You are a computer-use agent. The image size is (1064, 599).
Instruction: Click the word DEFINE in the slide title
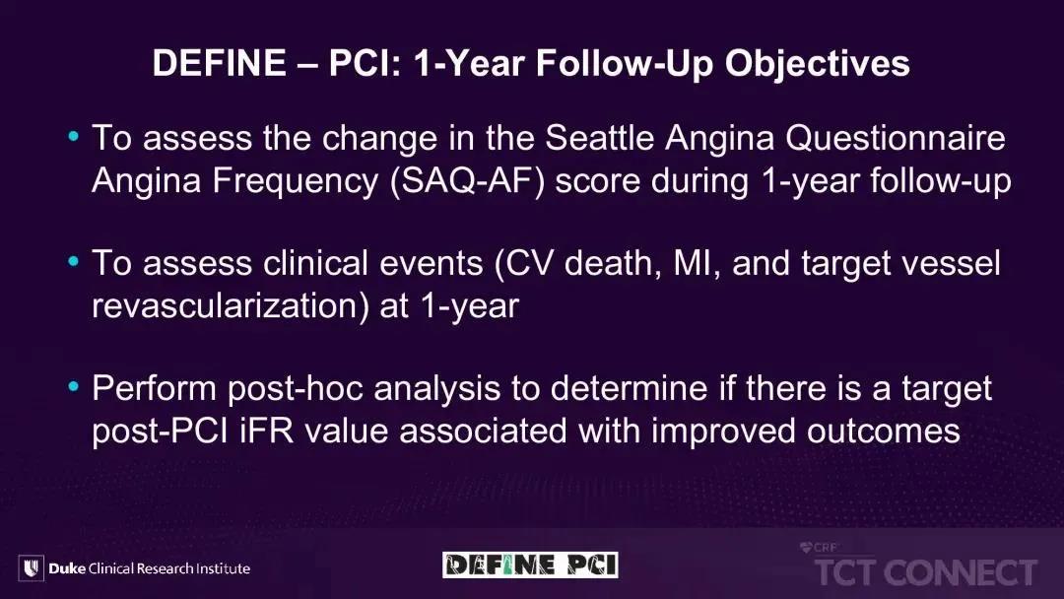click(219, 63)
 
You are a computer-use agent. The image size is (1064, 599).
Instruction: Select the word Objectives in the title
click(817, 64)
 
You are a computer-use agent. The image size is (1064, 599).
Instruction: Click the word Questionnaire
click(896, 138)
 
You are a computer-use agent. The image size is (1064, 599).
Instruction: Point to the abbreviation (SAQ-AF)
click(468, 181)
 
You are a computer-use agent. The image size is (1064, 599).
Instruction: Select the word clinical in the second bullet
click(315, 263)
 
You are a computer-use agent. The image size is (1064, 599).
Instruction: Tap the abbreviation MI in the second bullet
click(693, 264)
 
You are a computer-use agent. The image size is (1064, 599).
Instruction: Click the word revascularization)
click(231, 306)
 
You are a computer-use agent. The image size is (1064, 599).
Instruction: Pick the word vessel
click(951, 264)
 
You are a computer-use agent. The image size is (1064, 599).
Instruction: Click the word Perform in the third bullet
click(154, 389)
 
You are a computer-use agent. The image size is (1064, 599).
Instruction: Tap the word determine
click(629, 389)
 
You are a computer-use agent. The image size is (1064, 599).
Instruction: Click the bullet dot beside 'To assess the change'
click(74, 137)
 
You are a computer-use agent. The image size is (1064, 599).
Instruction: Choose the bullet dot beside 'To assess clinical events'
click(74, 262)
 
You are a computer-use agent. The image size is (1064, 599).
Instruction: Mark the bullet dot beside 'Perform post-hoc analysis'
click(74, 386)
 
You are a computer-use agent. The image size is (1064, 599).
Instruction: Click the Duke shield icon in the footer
click(32, 567)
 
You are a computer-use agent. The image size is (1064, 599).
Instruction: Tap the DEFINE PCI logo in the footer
click(530, 566)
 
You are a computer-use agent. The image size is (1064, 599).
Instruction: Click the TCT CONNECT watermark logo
click(925, 566)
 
